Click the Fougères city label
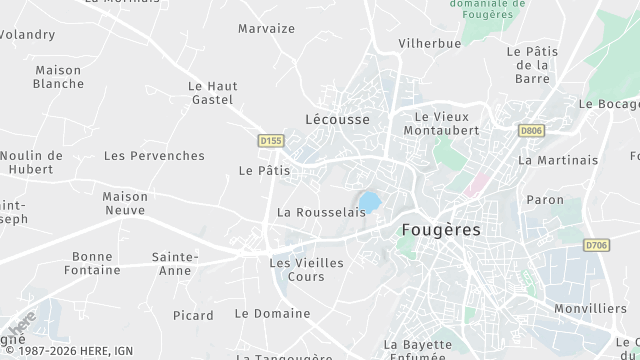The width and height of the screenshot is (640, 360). [x=440, y=229]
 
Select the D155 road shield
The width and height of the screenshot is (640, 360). [x=270, y=141]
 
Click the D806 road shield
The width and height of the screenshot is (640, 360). [x=532, y=129]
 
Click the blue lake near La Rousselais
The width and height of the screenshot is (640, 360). [x=369, y=203]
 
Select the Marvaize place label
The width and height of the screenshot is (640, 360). [x=267, y=28]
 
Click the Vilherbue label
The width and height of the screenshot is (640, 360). [x=429, y=44]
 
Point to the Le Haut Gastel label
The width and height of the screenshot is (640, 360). [x=211, y=93]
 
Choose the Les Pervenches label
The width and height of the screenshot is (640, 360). [x=154, y=155]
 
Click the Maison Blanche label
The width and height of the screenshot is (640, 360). [x=58, y=77]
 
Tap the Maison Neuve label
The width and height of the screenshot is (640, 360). [x=124, y=204]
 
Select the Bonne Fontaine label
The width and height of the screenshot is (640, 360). [x=93, y=263]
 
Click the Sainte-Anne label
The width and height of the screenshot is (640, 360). [x=174, y=263]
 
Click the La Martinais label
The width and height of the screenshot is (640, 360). [x=558, y=159]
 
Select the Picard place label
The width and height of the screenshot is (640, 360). [x=193, y=315]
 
